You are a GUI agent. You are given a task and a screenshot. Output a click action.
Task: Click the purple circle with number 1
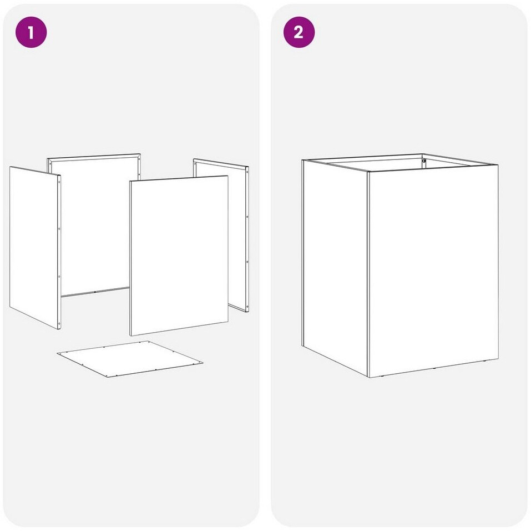[31, 33]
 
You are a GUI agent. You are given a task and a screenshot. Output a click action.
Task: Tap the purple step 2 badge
[299, 32]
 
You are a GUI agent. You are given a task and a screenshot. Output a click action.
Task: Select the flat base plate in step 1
[130, 359]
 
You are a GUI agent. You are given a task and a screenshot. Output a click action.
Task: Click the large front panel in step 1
[179, 256]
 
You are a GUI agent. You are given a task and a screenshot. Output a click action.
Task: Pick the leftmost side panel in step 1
[35, 248]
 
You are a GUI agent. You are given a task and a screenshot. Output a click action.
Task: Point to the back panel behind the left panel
[94, 224]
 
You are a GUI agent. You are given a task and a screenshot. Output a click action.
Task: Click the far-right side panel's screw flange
[247, 239]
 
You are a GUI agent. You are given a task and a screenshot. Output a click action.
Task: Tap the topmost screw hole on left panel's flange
[59, 182]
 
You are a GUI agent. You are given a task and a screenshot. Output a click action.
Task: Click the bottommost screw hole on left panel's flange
[59, 323]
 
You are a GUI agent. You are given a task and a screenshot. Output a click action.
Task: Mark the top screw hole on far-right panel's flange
[247, 172]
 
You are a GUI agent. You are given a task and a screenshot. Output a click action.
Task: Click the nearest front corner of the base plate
[108, 377]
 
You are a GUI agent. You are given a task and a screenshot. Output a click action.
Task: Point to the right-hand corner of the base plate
[203, 363]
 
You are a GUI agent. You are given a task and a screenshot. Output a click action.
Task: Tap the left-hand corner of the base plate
[57, 354]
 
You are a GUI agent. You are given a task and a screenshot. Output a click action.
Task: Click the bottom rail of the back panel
[95, 292]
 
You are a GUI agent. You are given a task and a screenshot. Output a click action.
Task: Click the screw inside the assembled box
[424, 161]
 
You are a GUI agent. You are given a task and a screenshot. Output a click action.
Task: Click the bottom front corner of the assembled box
[368, 377]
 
